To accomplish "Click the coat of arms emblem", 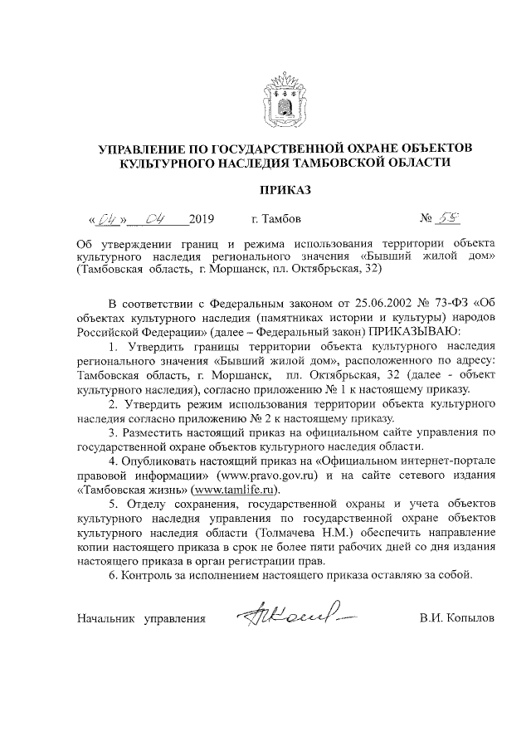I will [x=285, y=98].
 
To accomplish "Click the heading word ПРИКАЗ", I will [x=285, y=190].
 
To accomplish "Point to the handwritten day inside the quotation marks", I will [x=107, y=220].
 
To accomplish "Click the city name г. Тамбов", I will [x=276, y=220].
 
